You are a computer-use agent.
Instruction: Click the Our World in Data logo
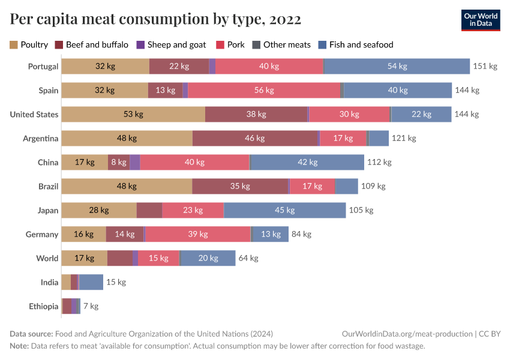coord(481,19)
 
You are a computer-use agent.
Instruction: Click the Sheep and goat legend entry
coord(171,44)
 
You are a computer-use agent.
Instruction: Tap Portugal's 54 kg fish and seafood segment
coord(397,67)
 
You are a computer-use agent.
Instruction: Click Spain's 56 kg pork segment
coord(264,91)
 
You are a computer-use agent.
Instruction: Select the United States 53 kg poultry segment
coord(133,115)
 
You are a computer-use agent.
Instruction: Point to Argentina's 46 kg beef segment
coord(255,139)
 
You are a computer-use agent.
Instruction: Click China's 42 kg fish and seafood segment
coord(307,163)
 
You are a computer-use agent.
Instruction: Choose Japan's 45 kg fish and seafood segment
coord(284,211)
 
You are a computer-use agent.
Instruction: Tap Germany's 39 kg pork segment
coord(197,235)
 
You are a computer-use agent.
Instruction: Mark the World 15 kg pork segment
coord(158,259)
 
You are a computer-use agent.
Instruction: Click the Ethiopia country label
coord(43,307)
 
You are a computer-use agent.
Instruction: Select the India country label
coord(49,283)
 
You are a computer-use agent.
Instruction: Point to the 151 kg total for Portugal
coord(485,67)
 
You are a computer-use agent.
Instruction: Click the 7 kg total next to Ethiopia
coord(91,307)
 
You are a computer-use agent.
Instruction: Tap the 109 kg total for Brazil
coord(373,187)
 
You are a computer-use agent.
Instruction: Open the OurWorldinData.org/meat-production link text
coord(406,334)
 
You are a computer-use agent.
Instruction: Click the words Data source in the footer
coord(31,334)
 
